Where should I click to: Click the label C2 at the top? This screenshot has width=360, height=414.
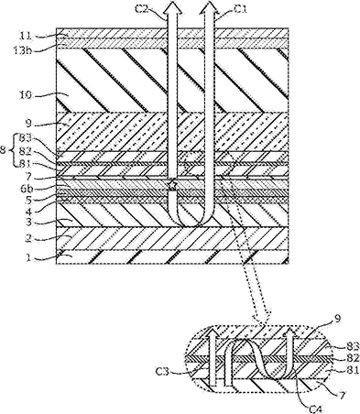click(141, 9)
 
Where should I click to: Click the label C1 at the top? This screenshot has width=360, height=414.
click(241, 9)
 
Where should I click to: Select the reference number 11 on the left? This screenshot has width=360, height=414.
click(26, 36)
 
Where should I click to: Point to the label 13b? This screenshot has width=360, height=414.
click(23, 50)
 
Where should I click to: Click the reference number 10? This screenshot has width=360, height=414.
click(26, 95)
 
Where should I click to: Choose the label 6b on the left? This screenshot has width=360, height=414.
click(27, 189)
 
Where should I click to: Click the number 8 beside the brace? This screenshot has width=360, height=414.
click(5, 150)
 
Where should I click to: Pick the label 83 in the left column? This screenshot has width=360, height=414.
click(26, 139)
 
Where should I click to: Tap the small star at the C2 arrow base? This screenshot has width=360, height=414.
click(172, 185)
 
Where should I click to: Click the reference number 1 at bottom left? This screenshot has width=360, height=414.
click(29, 257)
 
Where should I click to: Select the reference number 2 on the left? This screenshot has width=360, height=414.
click(28, 238)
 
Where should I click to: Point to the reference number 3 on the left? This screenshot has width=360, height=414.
click(28, 222)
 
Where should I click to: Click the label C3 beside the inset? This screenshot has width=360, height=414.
click(162, 372)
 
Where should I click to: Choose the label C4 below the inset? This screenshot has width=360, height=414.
click(316, 409)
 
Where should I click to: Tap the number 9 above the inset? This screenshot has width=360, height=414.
click(337, 319)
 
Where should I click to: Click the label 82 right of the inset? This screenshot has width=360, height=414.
click(353, 357)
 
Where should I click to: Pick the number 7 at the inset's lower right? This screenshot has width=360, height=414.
click(343, 396)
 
